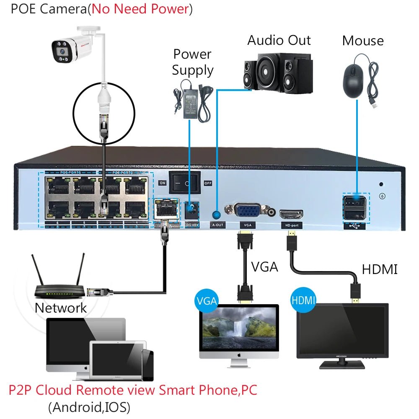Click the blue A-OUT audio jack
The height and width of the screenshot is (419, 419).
[x=217, y=215]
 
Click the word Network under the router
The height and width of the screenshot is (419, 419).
[x=61, y=308]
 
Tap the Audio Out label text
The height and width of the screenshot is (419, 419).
[x=279, y=41]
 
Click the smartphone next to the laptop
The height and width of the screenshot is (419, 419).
[x=147, y=365]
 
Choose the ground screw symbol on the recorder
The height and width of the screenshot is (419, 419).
[x=382, y=196]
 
